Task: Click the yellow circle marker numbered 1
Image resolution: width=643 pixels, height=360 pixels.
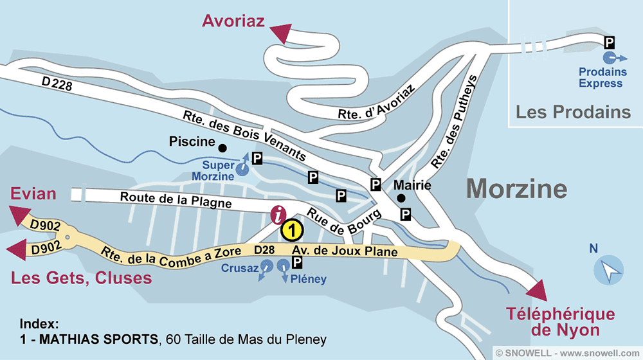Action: (292, 229)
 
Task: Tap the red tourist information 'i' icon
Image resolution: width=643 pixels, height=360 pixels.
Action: (278, 215)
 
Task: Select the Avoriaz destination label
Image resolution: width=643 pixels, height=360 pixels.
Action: (233, 21)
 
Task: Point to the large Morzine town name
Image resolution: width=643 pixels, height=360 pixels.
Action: (516, 189)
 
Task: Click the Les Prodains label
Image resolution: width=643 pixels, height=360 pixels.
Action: (573, 113)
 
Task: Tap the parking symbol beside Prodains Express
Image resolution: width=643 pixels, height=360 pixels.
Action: (610, 43)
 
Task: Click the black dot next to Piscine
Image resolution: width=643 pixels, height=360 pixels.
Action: (222, 147)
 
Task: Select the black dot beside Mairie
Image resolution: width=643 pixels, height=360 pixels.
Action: (400, 198)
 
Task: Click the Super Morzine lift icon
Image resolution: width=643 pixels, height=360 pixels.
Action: (242, 168)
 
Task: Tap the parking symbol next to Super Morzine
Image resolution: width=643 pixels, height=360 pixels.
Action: (257, 158)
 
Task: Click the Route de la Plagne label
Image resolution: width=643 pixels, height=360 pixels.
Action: (176, 200)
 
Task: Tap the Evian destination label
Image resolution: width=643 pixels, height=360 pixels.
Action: (33, 194)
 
